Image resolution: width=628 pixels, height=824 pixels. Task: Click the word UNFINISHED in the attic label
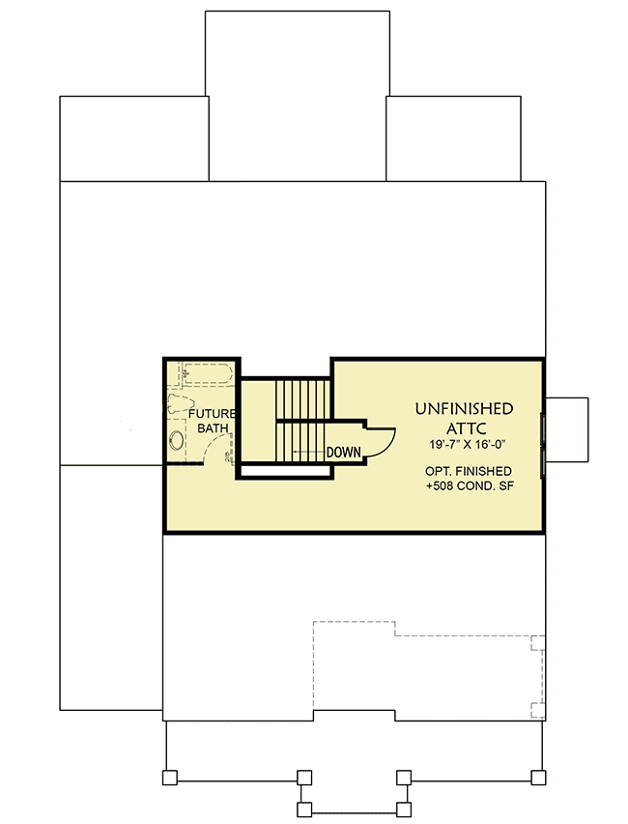point(464,408)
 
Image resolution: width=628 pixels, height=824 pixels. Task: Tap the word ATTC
point(464,427)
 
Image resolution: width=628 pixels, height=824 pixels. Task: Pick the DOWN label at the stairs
point(343,452)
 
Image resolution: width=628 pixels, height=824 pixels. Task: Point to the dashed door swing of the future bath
point(214,451)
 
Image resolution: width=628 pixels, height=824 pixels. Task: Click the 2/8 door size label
point(228,456)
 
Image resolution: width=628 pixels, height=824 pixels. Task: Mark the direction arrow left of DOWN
point(307,452)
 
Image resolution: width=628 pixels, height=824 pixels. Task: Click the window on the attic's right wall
point(543,441)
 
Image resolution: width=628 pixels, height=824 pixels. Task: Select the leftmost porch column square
point(169,777)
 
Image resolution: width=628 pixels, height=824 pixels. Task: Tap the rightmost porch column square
point(539,777)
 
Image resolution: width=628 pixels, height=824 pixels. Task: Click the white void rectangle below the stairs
point(285,472)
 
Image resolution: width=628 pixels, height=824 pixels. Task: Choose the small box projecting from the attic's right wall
point(566,427)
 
